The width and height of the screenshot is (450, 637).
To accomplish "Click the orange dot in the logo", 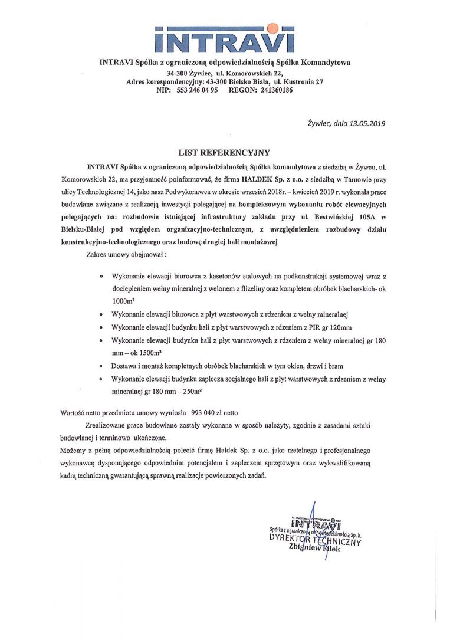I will tap(272, 27).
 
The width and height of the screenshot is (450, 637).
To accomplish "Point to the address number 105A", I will tap(369, 217).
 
